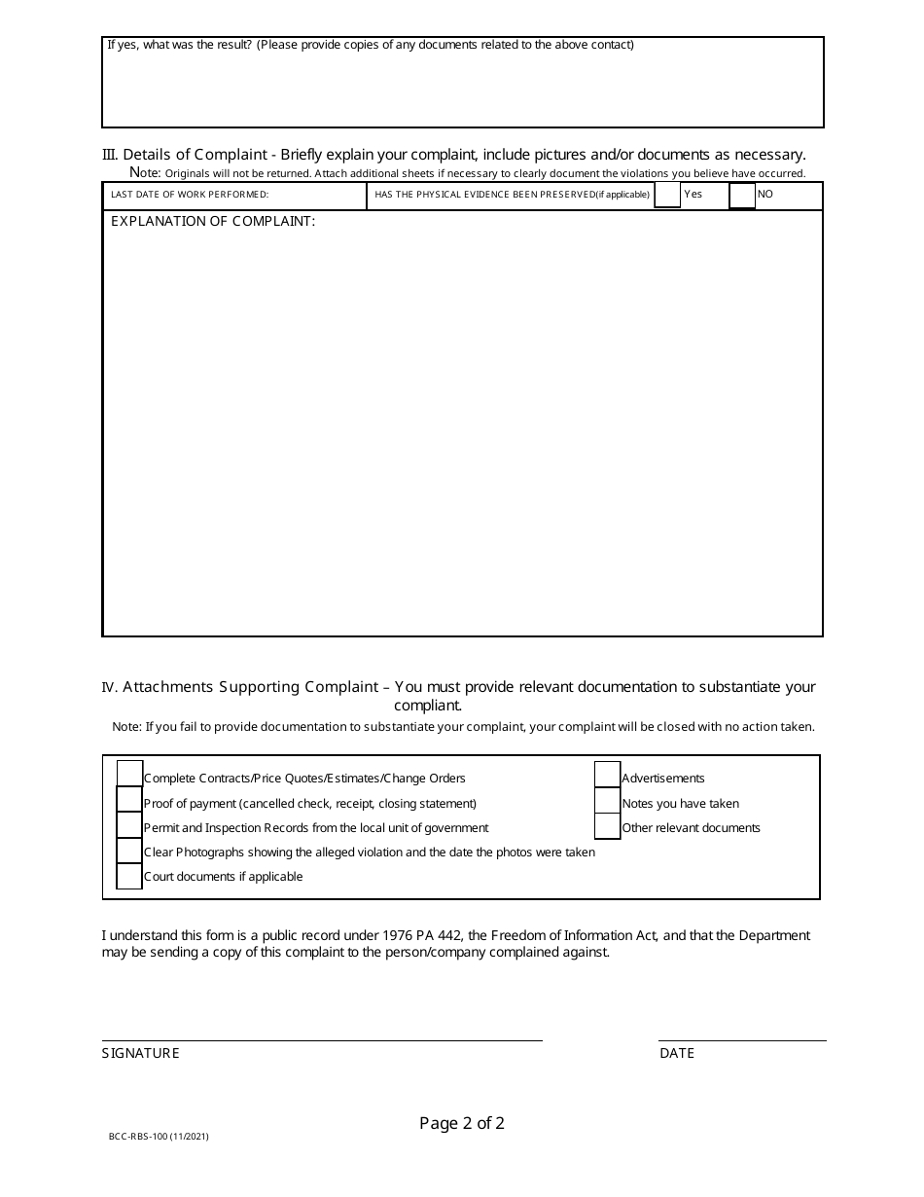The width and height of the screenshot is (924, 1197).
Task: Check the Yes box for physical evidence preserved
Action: pyautogui.click(x=667, y=195)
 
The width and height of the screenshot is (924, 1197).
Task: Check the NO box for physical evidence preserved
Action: pyautogui.click(x=742, y=196)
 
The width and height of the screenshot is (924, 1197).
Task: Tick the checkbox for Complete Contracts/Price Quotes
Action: pyautogui.click(x=129, y=774)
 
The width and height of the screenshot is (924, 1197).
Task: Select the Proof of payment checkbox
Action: pyautogui.click(x=129, y=799)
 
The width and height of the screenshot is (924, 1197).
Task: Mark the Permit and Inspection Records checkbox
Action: pyautogui.click(x=129, y=824)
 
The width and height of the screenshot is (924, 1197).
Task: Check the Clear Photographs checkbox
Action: pyautogui.click(x=129, y=850)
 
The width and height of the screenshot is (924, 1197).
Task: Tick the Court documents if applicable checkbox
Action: pyautogui.click(x=129, y=875)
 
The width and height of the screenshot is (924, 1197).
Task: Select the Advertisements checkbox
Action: pyautogui.click(x=607, y=774)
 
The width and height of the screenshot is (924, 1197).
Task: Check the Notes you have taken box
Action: pyautogui.click(x=607, y=800)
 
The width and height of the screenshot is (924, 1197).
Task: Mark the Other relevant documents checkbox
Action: pyautogui.click(x=607, y=825)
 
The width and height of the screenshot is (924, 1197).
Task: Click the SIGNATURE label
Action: pyautogui.click(x=141, y=1053)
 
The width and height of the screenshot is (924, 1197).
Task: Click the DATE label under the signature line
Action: pyautogui.click(x=677, y=1053)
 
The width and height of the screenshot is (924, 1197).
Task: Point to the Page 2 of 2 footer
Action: pyautogui.click(x=462, y=1123)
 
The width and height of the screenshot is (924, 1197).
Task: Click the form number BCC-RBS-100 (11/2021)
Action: pyautogui.click(x=159, y=1136)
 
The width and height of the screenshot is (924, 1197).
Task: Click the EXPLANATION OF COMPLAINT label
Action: pyautogui.click(x=213, y=221)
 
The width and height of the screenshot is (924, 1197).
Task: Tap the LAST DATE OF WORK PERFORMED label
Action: pyautogui.click(x=190, y=195)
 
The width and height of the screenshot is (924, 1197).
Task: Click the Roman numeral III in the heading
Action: pyautogui.click(x=110, y=155)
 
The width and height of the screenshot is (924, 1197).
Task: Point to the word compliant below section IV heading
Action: pyautogui.click(x=428, y=706)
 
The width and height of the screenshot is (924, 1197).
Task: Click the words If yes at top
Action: pyautogui.click(x=122, y=45)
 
